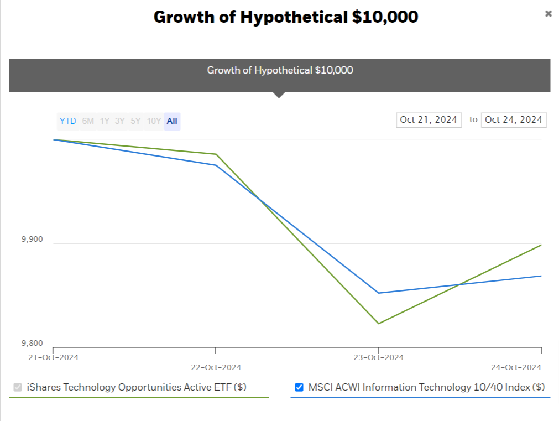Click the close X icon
point(548,14)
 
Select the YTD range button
point(68,121)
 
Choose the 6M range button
point(88,121)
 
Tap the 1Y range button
point(105,121)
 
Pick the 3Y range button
point(120,121)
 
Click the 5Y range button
point(135,121)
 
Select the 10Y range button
point(154,121)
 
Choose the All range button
point(172,121)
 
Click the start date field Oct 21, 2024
point(429,119)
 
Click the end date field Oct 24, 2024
point(514,119)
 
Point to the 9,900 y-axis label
point(32,240)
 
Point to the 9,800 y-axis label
point(32,343)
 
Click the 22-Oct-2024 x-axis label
point(216,367)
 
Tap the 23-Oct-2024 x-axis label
point(378,357)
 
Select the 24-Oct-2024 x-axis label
point(516,367)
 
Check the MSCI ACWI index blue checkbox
point(299,387)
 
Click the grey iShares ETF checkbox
point(18,387)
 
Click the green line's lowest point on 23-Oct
point(378,324)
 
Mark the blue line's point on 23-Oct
point(378,293)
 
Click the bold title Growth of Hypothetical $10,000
point(286,17)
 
